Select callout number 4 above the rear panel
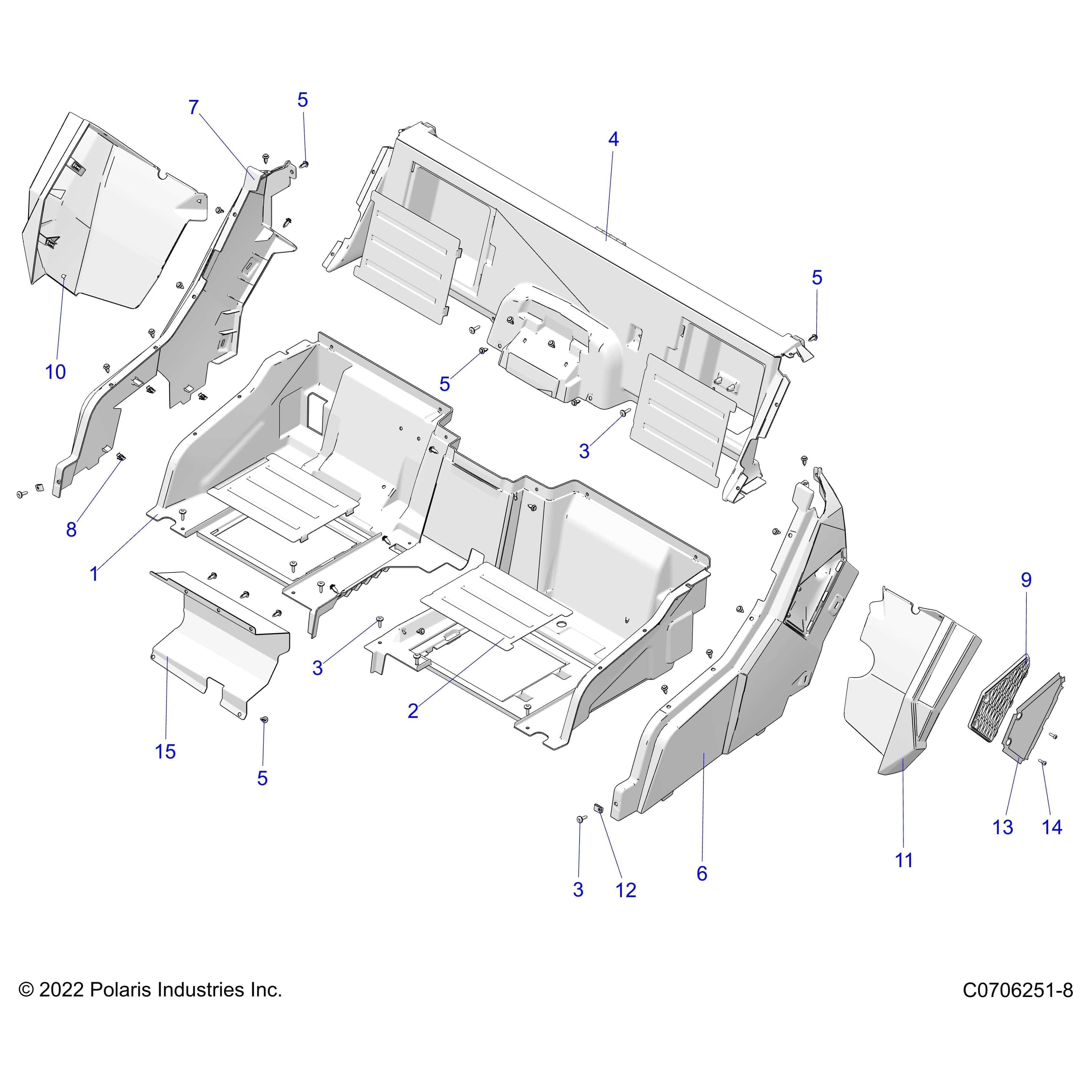pyautogui.click(x=613, y=139)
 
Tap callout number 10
pyautogui.click(x=55, y=372)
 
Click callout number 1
pyautogui.click(x=94, y=574)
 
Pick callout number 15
pyautogui.click(x=165, y=751)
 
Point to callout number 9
pyautogui.click(x=1026, y=580)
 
